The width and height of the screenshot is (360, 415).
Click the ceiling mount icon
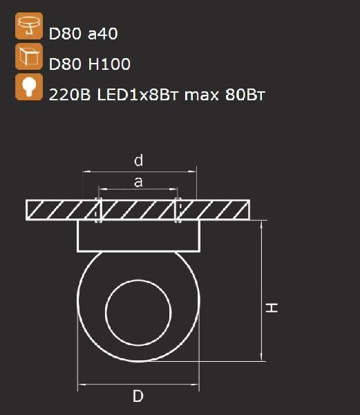coord(29,26)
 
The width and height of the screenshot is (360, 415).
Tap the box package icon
coord(29,57)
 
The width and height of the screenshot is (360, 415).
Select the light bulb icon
coord(29,87)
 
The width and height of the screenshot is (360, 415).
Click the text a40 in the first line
coord(102,34)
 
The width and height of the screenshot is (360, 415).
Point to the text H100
coord(109,64)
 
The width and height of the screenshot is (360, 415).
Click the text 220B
coord(70,95)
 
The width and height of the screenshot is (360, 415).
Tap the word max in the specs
coord(202,95)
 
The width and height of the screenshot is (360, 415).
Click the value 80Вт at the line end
coord(245,95)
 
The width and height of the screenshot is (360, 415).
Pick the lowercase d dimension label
coord(138,160)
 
